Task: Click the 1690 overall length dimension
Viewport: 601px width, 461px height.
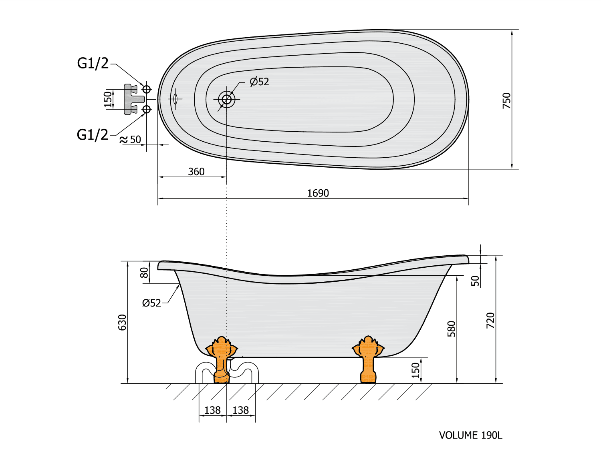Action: (x=318, y=193)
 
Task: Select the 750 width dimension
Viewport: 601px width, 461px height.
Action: (x=507, y=100)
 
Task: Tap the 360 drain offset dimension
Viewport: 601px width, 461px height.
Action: (x=196, y=172)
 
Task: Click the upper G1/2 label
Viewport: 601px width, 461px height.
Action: (x=93, y=63)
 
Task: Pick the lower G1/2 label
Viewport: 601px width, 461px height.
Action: (x=93, y=135)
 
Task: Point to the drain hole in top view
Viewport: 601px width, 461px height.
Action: (x=227, y=99)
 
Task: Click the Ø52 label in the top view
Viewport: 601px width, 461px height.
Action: (x=259, y=82)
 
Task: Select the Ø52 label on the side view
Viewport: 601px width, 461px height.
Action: (x=151, y=303)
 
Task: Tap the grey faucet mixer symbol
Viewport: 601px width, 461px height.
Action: (x=132, y=99)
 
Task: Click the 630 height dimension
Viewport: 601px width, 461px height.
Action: (x=122, y=322)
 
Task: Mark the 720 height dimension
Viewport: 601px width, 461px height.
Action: (x=490, y=320)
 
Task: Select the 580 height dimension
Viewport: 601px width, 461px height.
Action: (x=452, y=329)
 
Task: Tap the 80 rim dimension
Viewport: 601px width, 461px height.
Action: (x=144, y=273)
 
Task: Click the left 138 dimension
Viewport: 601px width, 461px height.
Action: (x=212, y=410)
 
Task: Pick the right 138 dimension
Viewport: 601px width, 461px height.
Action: (x=240, y=410)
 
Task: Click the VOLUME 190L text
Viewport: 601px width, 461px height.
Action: (x=470, y=435)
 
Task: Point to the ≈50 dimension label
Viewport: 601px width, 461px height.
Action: (x=131, y=139)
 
